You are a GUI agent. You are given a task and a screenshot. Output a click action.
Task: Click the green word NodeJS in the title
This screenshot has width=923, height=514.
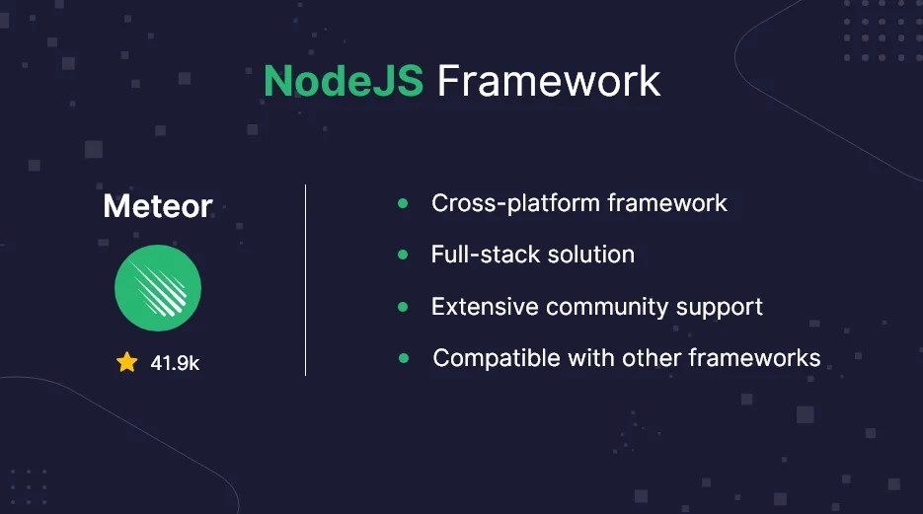(343, 81)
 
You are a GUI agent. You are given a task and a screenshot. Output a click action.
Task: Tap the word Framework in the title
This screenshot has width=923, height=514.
(549, 81)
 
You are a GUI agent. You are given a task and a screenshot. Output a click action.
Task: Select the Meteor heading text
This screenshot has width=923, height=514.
(158, 206)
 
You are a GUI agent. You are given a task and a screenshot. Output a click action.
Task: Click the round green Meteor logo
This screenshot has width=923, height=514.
(158, 288)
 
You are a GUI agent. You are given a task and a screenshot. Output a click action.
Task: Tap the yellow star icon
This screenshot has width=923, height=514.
(126, 362)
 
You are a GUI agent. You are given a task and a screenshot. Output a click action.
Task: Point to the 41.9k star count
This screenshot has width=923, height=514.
(175, 363)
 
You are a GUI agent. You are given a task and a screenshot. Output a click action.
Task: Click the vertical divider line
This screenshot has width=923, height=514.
(305, 280)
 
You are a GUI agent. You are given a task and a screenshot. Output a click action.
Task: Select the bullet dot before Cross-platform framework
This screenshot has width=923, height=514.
(403, 203)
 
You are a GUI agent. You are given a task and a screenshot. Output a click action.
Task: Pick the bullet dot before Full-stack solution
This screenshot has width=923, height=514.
(403, 255)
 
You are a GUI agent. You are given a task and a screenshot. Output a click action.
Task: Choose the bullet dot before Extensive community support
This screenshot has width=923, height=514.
(403, 307)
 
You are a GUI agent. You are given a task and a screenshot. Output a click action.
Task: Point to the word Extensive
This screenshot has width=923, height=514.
(484, 307)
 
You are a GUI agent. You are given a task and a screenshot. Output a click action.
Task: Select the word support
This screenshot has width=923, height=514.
(720, 308)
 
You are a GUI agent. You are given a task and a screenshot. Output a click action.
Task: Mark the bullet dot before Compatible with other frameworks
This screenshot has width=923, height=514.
(404, 358)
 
